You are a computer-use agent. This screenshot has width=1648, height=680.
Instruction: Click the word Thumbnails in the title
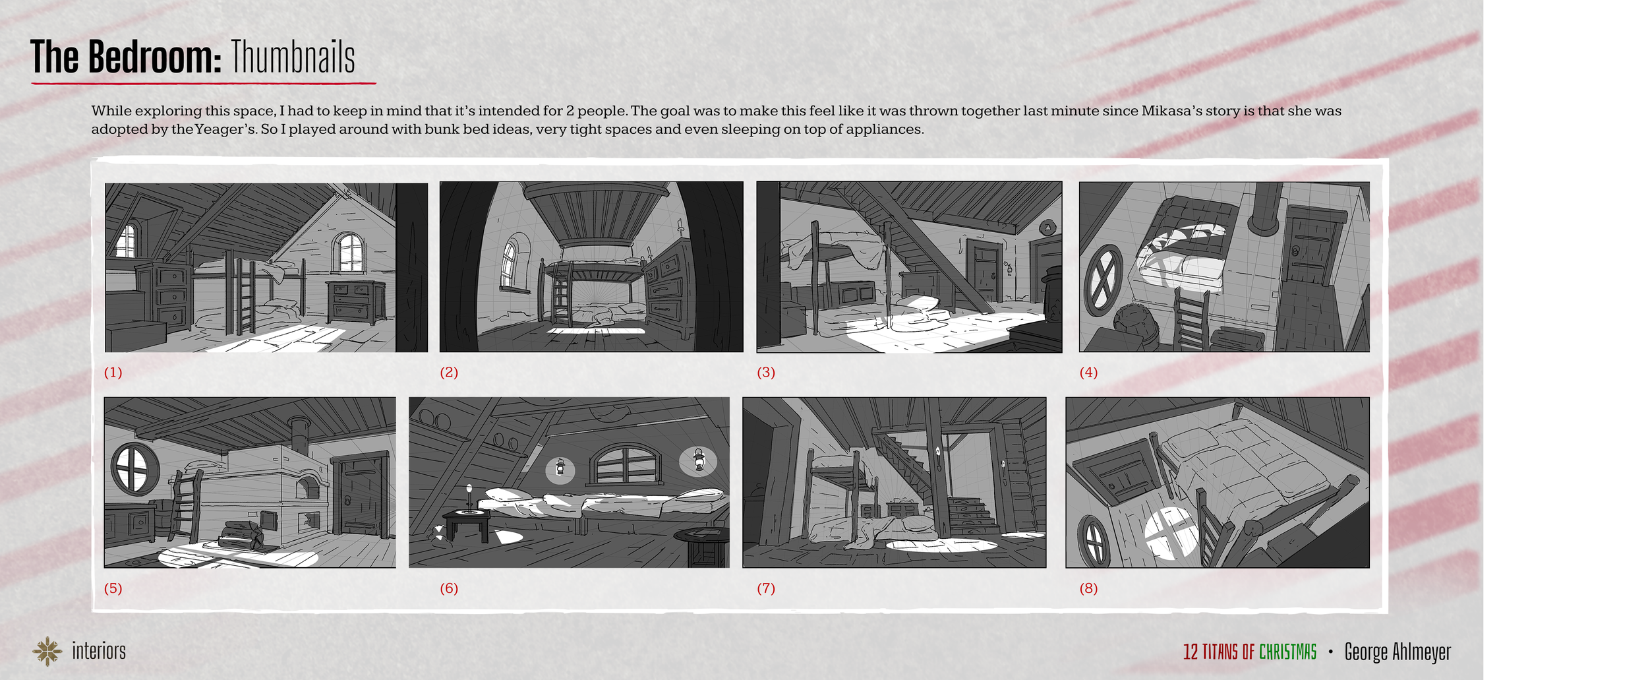(293, 57)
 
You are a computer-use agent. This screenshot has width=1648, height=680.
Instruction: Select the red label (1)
(113, 373)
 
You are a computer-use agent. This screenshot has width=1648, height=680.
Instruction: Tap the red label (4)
(1088, 373)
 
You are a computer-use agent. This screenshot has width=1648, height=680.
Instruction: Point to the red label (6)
(449, 588)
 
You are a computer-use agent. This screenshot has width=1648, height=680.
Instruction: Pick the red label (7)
(766, 588)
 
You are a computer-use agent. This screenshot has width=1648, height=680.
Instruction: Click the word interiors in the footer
(99, 651)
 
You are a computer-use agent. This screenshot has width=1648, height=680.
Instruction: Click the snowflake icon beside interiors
(47, 651)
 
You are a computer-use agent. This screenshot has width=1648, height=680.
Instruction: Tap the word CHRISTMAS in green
(1287, 652)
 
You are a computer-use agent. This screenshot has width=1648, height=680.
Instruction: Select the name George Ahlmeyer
(1398, 652)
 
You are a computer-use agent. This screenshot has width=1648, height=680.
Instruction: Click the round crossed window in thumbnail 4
(1103, 280)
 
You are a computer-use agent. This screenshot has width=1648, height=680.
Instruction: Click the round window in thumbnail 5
(134, 469)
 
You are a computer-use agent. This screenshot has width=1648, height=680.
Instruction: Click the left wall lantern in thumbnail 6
(560, 468)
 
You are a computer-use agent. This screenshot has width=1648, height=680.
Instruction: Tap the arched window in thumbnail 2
(510, 264)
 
